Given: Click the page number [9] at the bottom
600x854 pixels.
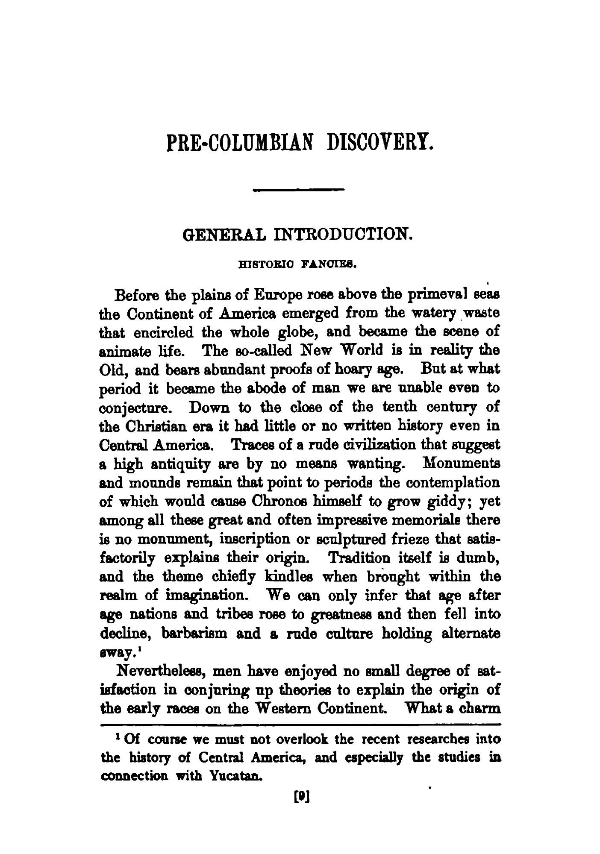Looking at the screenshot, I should (x=300, y=796).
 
